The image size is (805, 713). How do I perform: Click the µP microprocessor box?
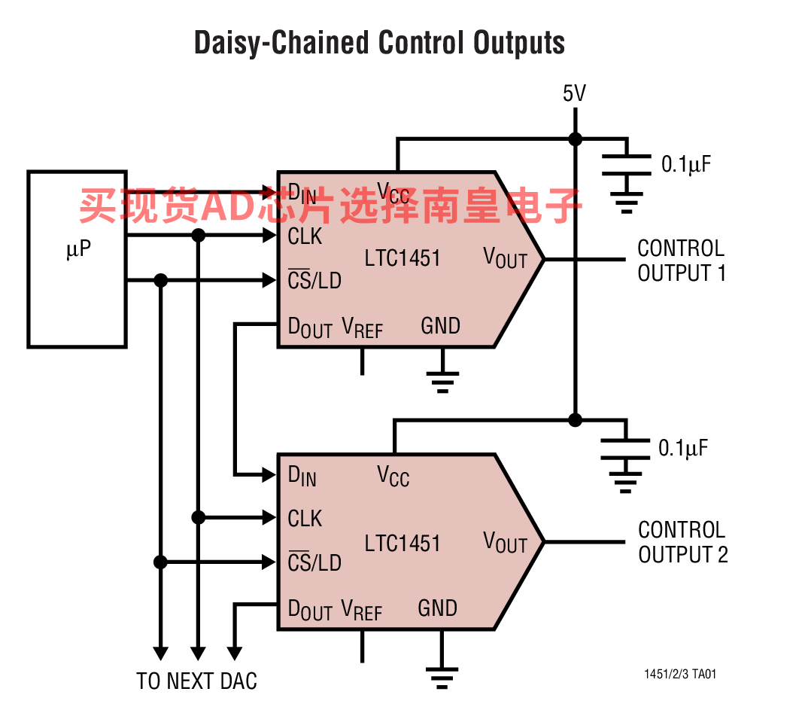pos(77,259)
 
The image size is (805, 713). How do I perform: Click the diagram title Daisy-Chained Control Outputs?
pos(379,43)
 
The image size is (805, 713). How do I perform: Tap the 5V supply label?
pos(574,93)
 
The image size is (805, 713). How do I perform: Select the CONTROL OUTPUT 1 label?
pos(681,261)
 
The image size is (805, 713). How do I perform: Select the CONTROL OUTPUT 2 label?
pos(682,542)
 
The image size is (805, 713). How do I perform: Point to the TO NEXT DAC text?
pos(196,681)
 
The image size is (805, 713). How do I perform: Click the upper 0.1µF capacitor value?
pos(685,164)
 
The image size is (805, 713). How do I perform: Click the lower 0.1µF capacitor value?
pos(683,448)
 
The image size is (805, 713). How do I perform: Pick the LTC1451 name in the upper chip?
pos(402,258)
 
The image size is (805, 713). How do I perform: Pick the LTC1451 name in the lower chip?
pos(402,543)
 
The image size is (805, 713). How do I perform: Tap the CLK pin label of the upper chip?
pos(305,236)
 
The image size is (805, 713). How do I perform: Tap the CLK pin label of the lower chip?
pos(305,519)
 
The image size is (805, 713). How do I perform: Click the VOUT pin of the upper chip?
pos(506,258)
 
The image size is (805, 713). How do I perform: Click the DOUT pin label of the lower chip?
pos(310,610)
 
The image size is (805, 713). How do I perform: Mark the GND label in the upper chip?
pos(440,326)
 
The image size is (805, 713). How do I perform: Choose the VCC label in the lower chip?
pos(393,476)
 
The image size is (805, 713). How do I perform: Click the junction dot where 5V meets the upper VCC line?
pos(575,139)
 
